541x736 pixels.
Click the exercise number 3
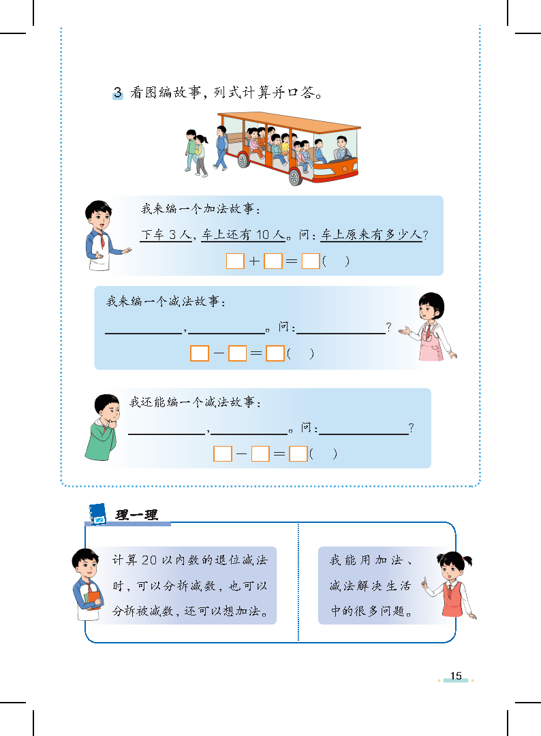point(118,93)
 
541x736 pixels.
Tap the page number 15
point(456,676)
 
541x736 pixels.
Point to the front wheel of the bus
point(295,177)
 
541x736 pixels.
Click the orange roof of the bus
point(289,121)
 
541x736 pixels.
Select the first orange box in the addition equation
point(235,261)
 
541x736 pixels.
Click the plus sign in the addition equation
point(254,261)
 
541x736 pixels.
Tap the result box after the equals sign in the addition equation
point(311,261)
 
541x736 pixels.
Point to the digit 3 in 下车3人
point(173,235)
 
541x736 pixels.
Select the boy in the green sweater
point(103,427)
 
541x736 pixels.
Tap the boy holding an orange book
point(87,585)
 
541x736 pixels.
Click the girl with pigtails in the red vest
point(451,585)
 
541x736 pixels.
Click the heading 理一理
point(137,515)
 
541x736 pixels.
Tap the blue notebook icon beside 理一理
point(97,514)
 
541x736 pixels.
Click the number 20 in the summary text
point(149,560)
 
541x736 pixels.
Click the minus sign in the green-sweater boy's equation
point(241,454)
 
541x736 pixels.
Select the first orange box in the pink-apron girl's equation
point(200,353)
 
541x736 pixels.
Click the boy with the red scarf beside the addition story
point(104,236)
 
